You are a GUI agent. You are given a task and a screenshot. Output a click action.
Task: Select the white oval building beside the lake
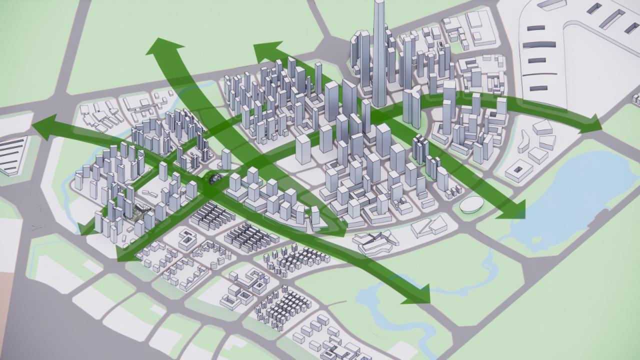pos(471,204)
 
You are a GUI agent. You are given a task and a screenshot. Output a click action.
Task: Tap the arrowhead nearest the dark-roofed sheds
pos(590,123)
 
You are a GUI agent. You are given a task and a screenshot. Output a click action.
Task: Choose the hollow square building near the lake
pos(518,170)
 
